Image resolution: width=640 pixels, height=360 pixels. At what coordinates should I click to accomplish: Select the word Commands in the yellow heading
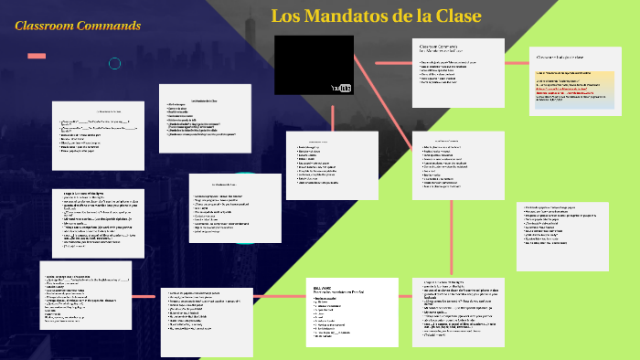tap(109, 25)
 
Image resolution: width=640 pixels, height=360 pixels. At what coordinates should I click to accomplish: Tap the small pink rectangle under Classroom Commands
tap(37, 57)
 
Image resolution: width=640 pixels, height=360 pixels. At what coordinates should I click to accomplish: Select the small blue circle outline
tap(115, 63)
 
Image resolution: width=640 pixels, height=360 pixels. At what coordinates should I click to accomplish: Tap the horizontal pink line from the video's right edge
tap(382, 65)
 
